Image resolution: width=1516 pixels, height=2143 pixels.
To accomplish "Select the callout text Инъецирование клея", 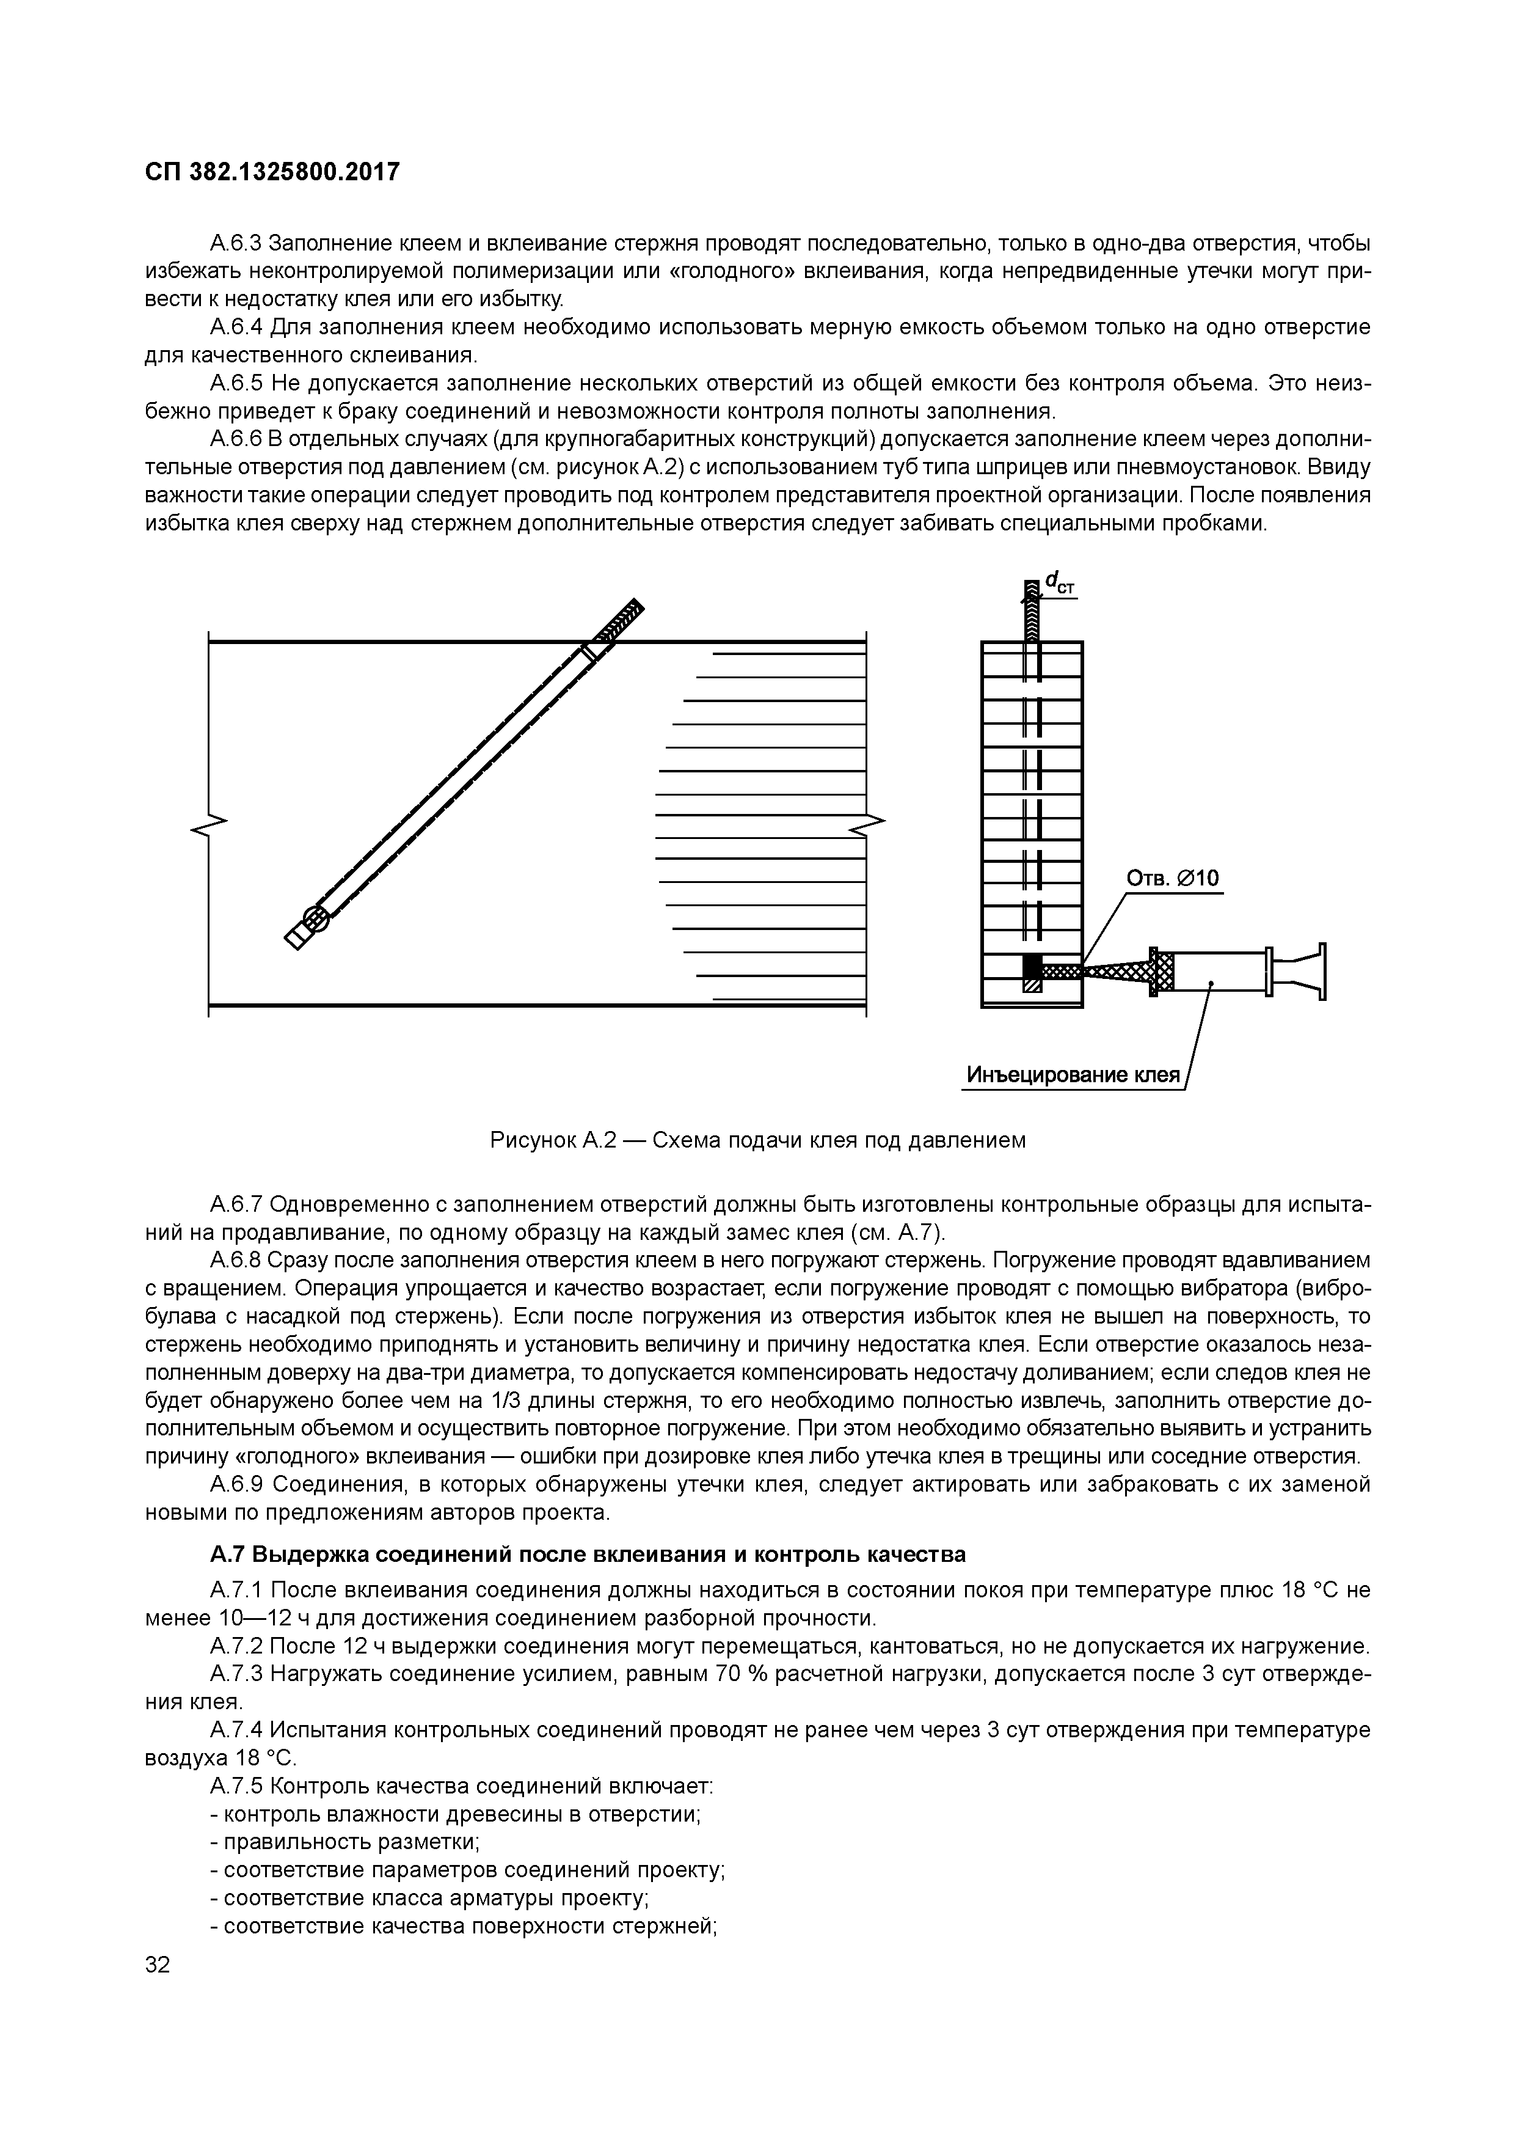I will [x=1073, y=1075].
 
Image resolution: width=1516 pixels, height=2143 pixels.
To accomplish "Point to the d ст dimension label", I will [x=1060, y=583].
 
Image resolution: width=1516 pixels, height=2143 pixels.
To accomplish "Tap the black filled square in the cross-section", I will [x=1032, y=965].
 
